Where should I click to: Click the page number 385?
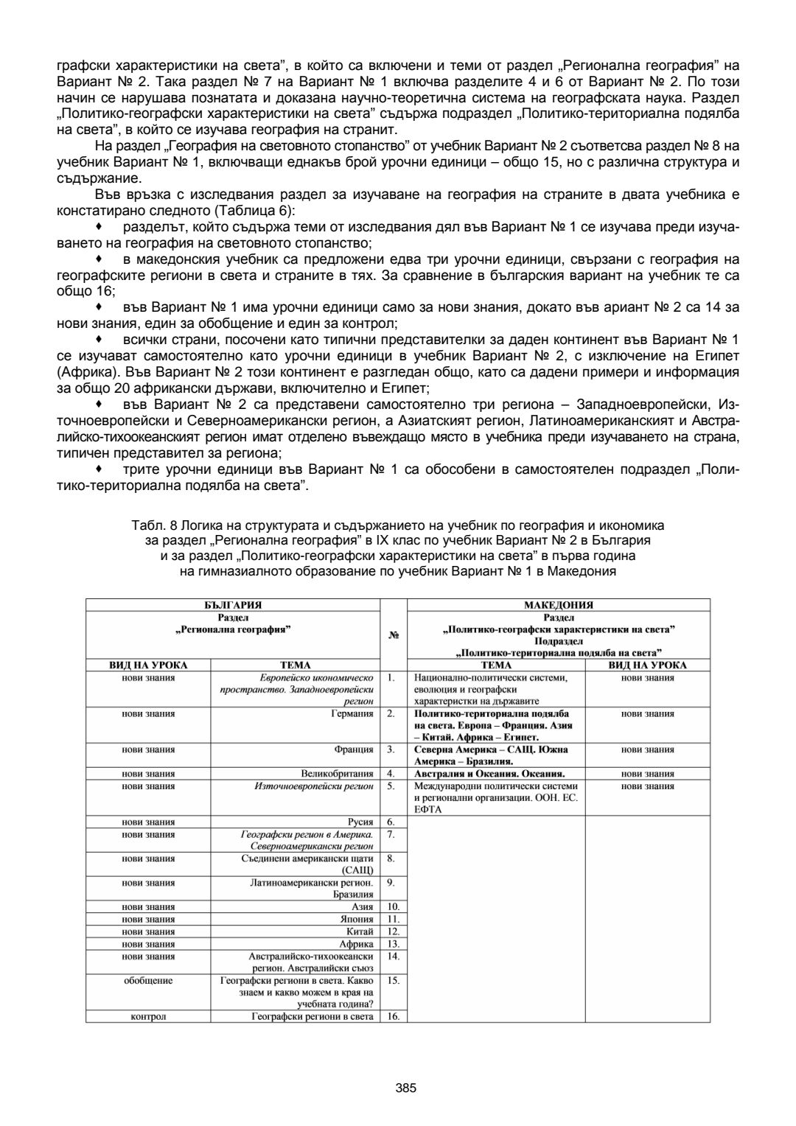click(406, 1088)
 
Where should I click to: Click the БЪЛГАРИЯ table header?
click(233, 605)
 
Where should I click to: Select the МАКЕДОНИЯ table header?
click(558, 605)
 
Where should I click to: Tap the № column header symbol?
click(393, 634)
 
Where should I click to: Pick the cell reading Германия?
click(352, 713)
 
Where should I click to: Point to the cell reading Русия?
click(360, 822)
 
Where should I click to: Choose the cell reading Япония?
click(357, 919)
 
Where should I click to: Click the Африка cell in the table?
click(356, 944)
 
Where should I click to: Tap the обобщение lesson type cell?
click(148, 981)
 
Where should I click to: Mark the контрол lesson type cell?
click(148, 1016)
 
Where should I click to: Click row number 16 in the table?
click(393, 1016)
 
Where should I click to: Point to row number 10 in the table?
click(393, 907)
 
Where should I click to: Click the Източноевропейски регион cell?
click(314, 786)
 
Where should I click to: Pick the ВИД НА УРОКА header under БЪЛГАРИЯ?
click(148, 665)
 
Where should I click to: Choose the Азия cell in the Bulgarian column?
click(362, 907)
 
